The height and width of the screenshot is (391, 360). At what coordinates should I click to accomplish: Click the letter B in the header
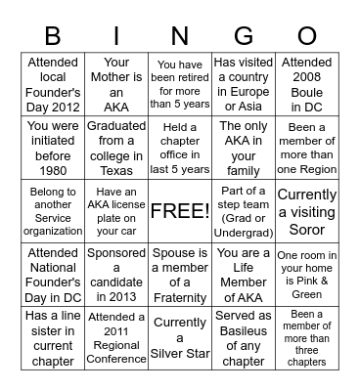coord(54,36)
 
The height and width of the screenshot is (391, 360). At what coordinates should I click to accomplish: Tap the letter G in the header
coord(244,36)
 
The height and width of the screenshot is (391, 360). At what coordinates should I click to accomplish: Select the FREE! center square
coord(180,211)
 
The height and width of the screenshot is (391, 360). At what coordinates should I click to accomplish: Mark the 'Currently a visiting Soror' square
coord(306,211)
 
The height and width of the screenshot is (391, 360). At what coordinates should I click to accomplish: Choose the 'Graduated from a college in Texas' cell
coord(116,148)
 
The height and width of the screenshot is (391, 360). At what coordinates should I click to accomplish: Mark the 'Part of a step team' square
coord(244,211)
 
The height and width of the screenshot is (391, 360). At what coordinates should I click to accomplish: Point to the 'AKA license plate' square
coord(116,211)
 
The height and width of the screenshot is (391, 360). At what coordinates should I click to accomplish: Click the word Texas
coord(116,169)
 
